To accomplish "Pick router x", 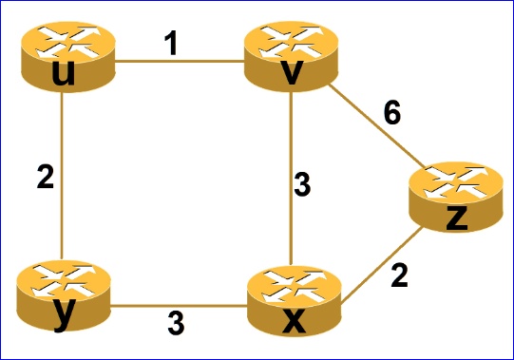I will (x=293, y=301).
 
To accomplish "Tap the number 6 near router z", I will (x=391, y=112).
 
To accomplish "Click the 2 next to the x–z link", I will (x=399, y=275).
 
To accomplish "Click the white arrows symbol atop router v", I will (x=290, y=40).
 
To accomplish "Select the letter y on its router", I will (x=63, y=315).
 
